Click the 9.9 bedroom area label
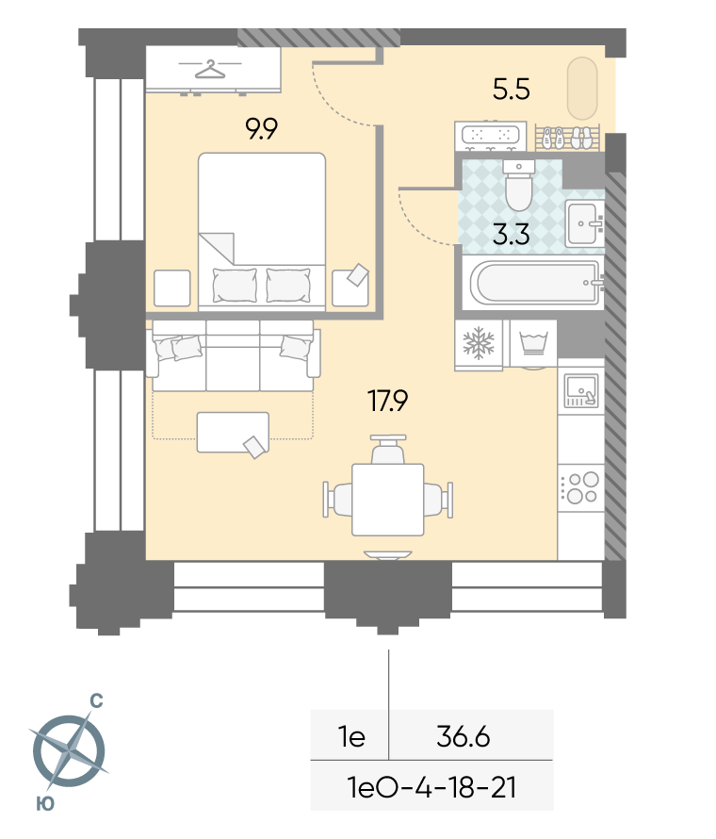[262, 129]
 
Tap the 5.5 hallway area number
[512, 90]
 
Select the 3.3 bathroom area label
[512, 235]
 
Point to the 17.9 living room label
[388, 401]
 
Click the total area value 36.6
[464, 737]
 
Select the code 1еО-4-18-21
[431, 788]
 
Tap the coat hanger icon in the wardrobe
[210, 69]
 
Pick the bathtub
[536, 282]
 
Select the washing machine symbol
[533, 343]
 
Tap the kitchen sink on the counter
[580, 390]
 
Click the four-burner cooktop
[580, 487]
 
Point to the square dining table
[388, 500]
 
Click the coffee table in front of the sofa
[233, 433]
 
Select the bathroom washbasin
[584, 223]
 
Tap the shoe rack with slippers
[567, 138]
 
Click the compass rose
[70, 750]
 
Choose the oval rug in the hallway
[582, 89]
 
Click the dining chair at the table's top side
[388, 450]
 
